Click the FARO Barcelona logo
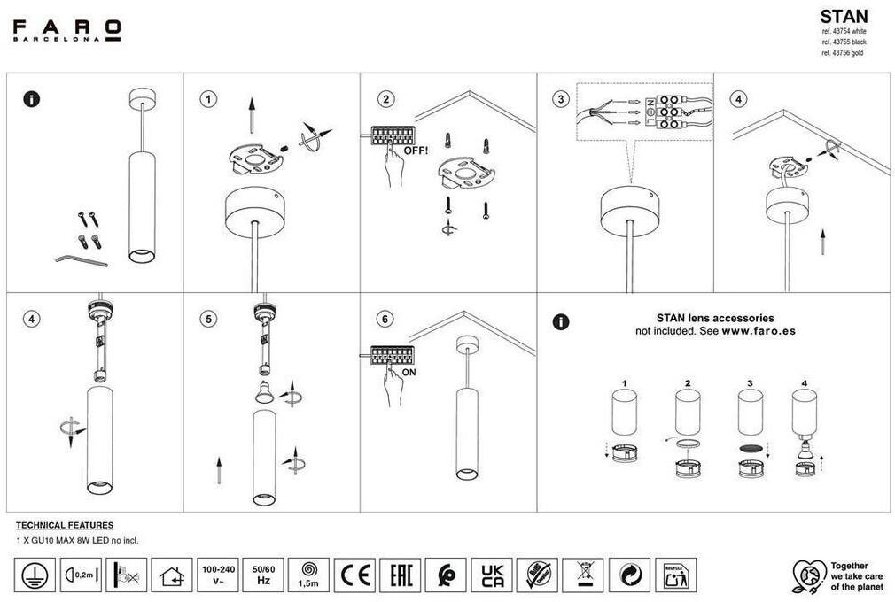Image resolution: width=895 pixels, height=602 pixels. coord(66,30)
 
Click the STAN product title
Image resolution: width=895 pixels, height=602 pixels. coord(843,16)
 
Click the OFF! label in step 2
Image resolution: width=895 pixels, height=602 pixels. coord(416,150)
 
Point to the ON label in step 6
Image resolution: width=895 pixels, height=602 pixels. coord(410,373)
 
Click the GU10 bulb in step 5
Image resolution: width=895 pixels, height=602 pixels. coord(264,394)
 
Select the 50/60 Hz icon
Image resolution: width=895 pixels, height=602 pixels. coord(263,575)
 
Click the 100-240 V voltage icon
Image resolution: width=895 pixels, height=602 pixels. coord(218,575)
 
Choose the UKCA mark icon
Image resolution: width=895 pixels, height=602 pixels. coord(491,575)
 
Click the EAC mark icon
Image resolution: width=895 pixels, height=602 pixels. coord(400,575)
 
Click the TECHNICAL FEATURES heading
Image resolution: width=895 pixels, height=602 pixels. coord(65,525)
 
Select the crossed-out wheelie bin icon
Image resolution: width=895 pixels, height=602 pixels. coord(583,575)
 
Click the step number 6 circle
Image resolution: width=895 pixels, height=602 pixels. coord(384,319)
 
